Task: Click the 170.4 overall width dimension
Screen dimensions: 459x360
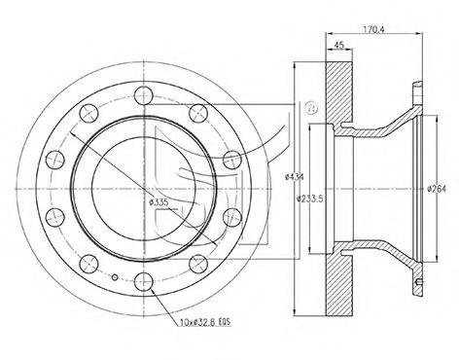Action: click(373, 29)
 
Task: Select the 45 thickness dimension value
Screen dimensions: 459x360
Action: click(338, 45)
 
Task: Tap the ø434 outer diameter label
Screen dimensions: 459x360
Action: click(294, 177)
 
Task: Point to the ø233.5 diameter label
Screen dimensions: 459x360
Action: click(310, 198)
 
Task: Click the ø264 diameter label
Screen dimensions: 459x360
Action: click(437, 189)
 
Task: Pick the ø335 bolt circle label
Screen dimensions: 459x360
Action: click(159, 202)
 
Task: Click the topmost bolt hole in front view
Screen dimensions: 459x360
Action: click(143, 95)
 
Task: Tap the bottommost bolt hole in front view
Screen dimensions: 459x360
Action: click(144, 281)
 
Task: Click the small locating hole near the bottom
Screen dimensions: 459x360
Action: click(115, 277)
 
